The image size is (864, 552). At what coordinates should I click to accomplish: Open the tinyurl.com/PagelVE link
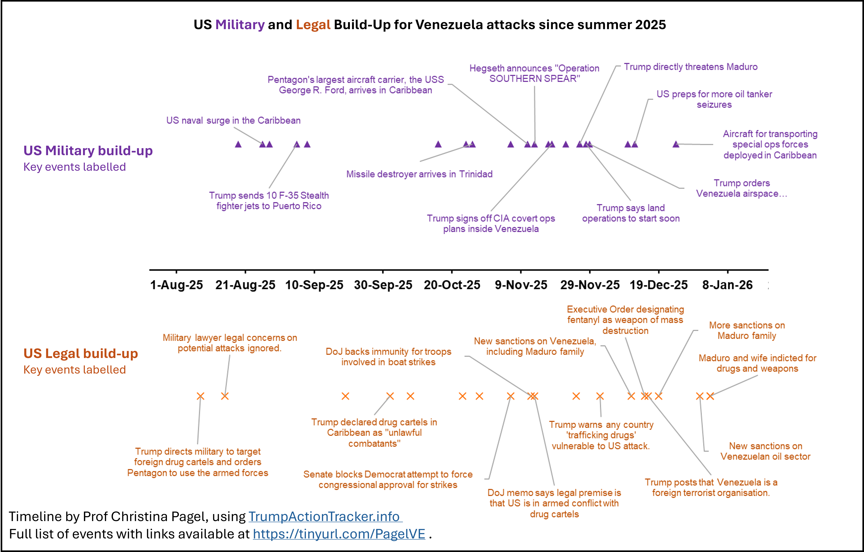click(x=339, y=534)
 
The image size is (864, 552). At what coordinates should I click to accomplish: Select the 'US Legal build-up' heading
click(x=81, y=353)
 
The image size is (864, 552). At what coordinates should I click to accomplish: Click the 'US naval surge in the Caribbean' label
click(x=233, y=120)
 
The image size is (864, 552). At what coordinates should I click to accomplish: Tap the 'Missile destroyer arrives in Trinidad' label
click(x=419, y=174)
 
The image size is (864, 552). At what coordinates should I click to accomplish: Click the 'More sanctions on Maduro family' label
click(x=747, y=330)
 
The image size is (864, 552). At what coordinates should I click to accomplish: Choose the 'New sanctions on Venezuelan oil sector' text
click(x=765, y=451)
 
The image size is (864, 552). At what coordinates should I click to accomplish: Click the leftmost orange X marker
click(x=201, y=396)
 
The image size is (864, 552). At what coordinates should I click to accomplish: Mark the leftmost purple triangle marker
click(x=238, y=144)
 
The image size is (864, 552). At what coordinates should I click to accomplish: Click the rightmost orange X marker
click(x=710, y=396)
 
